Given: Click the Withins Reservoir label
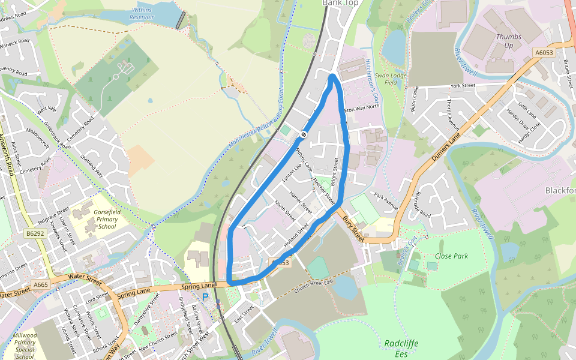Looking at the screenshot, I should click(141, 13).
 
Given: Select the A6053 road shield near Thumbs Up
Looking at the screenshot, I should click(544, 53).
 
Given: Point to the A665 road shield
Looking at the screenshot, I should click(41, 285).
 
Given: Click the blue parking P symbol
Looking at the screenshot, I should click(205, 296).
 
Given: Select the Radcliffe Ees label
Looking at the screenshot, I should click(401, 349).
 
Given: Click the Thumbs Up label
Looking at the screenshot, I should click(508, 41).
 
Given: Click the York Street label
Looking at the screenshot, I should click(462, 86).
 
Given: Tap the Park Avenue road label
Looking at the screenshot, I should click(386, 200).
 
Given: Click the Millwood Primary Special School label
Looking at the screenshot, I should click(25, 345).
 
